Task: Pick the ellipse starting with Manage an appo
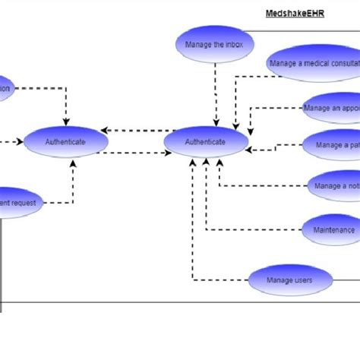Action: [x=330, y=108]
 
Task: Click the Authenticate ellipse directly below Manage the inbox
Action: [x=206, y=142]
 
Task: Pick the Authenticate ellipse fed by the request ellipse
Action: [x=65, y=142]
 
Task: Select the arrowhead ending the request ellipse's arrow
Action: [x=73, y=163]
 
